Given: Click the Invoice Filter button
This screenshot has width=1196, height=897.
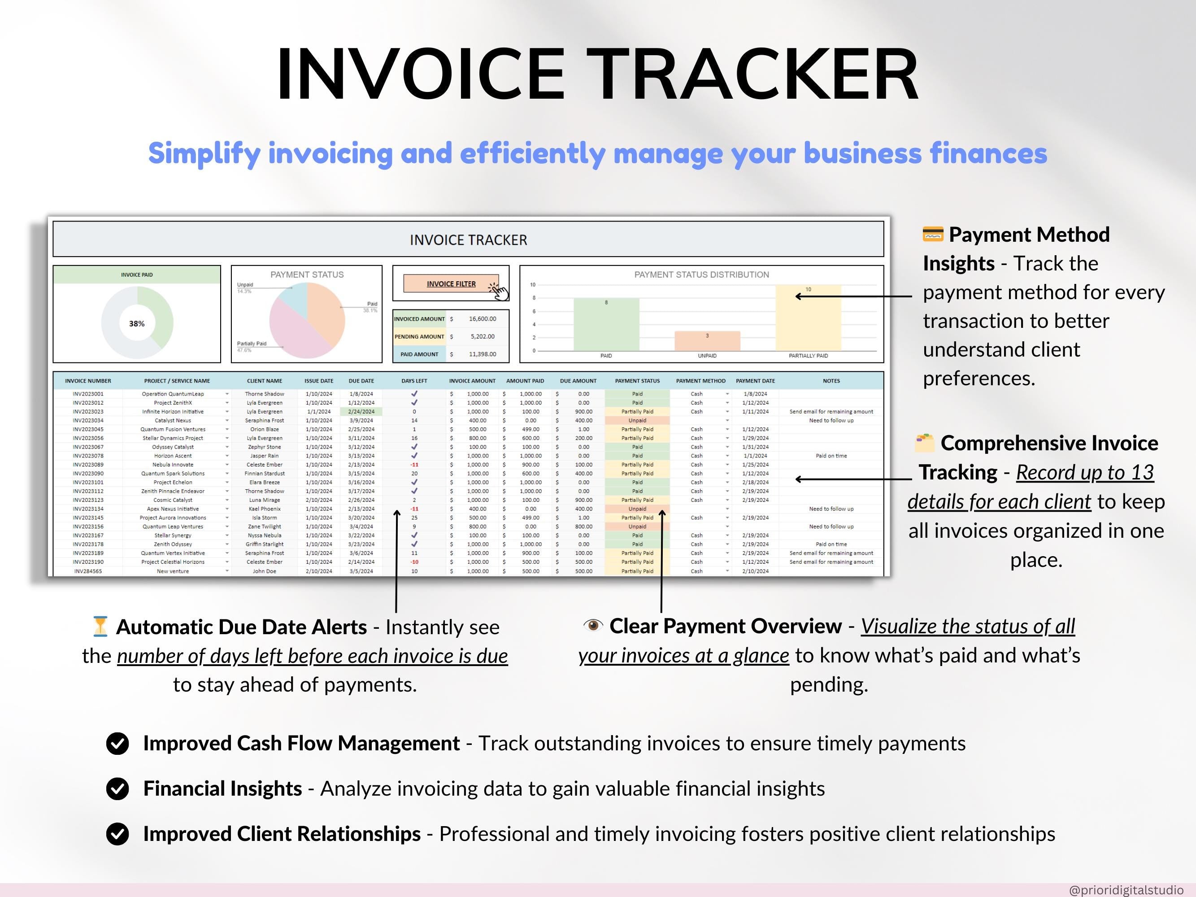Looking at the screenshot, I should click(x=451, y=284).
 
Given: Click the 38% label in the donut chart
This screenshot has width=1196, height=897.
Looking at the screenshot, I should click(x=137, y=323).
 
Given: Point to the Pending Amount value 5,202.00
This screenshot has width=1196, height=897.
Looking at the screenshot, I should click(x=482, y=336).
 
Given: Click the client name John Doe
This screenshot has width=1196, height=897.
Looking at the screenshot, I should click(x=265, y=571).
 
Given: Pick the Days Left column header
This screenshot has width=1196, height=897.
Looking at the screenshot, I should click(x=414, y=381).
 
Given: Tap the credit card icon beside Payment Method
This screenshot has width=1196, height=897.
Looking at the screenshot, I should click(x=933, y=235).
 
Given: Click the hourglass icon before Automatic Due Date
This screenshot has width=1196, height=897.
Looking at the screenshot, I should click(x=100, y=626).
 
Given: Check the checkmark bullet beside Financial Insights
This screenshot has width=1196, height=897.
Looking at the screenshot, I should click(x=117, y=789).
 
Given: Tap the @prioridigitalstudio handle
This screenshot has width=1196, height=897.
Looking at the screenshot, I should click(x=1126, y=889).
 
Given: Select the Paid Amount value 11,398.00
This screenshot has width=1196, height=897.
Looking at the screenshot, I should click(x=482, y=354).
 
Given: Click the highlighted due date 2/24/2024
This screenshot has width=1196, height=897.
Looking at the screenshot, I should click(x=361, y=411).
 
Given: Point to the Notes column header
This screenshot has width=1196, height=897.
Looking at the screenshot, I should click(x=831, y=381).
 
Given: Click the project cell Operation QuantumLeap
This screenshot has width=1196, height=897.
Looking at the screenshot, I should click(x=173, y=394).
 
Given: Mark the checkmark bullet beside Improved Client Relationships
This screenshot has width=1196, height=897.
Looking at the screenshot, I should click(x=117, y=834).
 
